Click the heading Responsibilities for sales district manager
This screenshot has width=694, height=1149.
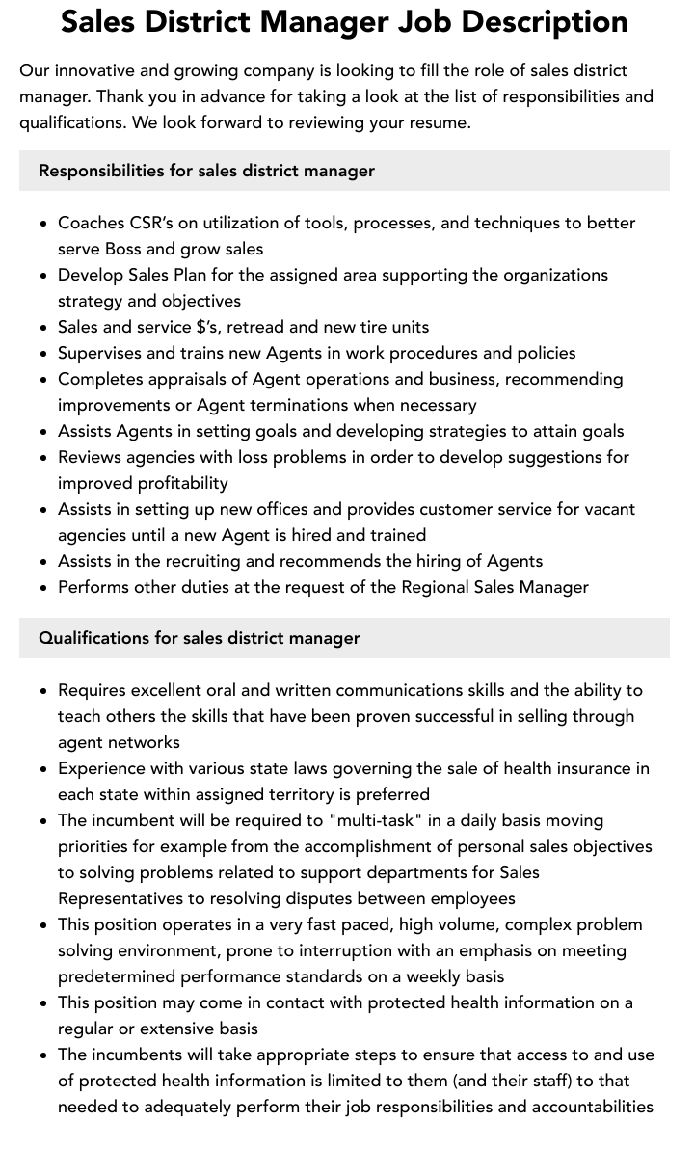(206, 171)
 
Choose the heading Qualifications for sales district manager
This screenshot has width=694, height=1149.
(200, 638)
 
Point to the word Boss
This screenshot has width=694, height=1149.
(122, 249)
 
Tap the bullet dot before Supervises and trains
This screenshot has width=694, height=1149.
(44, 354)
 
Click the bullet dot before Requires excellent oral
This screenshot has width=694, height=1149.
(44, 691)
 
